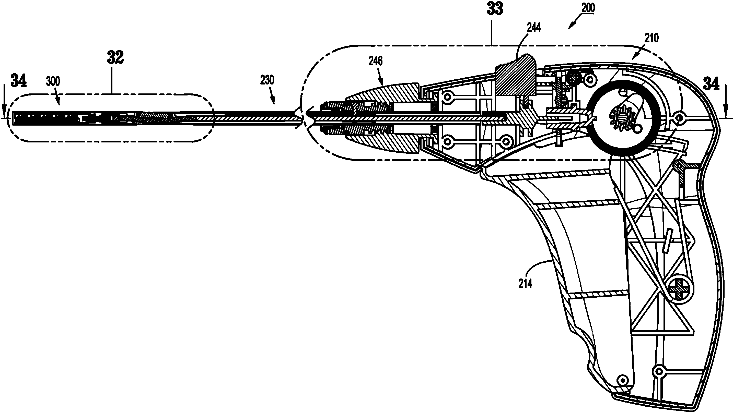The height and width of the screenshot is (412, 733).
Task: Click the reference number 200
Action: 588,8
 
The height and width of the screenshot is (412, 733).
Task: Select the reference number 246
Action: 376,60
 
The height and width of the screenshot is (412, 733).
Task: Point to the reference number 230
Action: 267,80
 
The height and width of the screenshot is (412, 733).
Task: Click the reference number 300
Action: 53,82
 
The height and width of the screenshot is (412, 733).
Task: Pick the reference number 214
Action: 525,284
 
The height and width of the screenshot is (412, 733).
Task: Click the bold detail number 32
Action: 115,58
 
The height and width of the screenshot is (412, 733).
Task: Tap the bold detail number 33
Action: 495,9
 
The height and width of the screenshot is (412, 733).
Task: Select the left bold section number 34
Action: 19,80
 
